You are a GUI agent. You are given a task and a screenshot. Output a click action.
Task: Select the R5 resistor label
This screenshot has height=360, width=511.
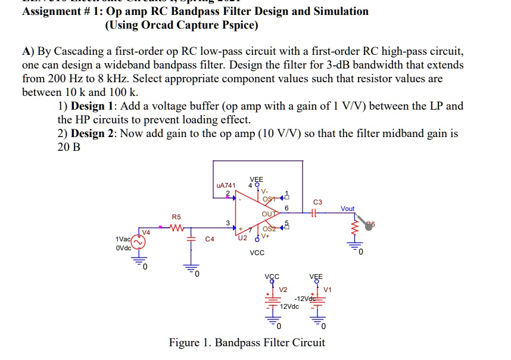point(176,217)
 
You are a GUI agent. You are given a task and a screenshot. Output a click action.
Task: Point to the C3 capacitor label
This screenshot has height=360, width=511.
point(317,202)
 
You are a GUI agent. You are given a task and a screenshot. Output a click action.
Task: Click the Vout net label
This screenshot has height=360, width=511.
point(347,209)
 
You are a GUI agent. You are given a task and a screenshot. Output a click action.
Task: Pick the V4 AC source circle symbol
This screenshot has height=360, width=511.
point(138,243)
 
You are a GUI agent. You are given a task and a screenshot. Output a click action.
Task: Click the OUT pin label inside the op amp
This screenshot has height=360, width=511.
point(269,214)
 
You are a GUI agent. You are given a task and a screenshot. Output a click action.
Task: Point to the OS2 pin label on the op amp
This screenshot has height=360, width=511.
point(269,228)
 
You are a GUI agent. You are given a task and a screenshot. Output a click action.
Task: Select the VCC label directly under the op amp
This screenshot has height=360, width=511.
point(257,252)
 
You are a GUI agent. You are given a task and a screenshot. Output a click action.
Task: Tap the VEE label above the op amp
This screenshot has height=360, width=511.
point(256,179)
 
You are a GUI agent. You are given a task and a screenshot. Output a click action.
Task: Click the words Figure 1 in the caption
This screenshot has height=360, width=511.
point(190,343)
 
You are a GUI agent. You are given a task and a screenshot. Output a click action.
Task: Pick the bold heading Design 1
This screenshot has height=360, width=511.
point(92,107)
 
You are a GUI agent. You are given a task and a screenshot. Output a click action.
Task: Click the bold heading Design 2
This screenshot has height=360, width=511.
point(92,134)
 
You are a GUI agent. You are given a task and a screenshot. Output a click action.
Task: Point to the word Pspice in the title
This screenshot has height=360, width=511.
point(240,25)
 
